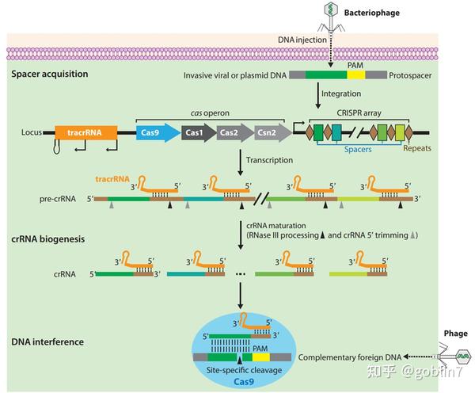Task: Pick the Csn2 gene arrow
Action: click(270, 132)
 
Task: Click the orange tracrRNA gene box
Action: click(85, 132)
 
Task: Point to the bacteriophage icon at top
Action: click(330, 15)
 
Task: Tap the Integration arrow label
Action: click(341, 94)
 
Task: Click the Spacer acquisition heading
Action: click(49, 74)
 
